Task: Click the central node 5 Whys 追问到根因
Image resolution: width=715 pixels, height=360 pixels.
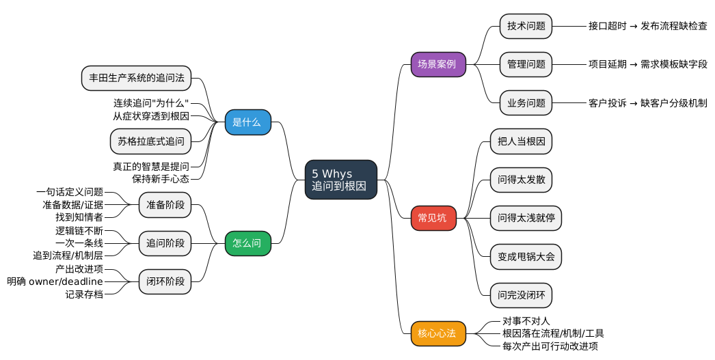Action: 340,180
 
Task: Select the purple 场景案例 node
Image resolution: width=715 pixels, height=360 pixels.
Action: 437,65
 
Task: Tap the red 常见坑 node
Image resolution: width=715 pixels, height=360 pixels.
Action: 433,218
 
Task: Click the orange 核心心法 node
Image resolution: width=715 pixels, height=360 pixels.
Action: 437,333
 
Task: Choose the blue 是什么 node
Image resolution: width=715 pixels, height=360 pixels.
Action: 247,122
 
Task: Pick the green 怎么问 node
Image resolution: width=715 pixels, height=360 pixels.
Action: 247,243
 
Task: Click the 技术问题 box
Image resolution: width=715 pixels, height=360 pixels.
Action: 526,27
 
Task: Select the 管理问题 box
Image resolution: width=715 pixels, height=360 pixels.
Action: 526,65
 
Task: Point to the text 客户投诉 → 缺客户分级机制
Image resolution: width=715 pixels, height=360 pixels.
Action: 647,103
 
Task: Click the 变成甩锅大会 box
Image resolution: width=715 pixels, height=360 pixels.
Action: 526,257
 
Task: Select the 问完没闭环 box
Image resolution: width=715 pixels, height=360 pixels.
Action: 521,295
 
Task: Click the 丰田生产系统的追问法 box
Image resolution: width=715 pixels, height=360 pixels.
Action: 136,78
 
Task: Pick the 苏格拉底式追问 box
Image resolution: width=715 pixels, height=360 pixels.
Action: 150,141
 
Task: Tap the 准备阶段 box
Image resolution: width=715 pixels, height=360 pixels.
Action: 165,204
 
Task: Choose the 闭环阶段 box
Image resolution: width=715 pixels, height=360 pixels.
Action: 165,281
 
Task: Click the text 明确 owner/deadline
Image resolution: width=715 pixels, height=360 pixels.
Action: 55,281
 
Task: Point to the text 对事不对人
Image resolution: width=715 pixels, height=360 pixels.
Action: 526,320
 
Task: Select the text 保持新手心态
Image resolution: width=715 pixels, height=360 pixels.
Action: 161,178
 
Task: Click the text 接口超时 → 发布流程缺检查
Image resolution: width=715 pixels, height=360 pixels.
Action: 647,27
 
